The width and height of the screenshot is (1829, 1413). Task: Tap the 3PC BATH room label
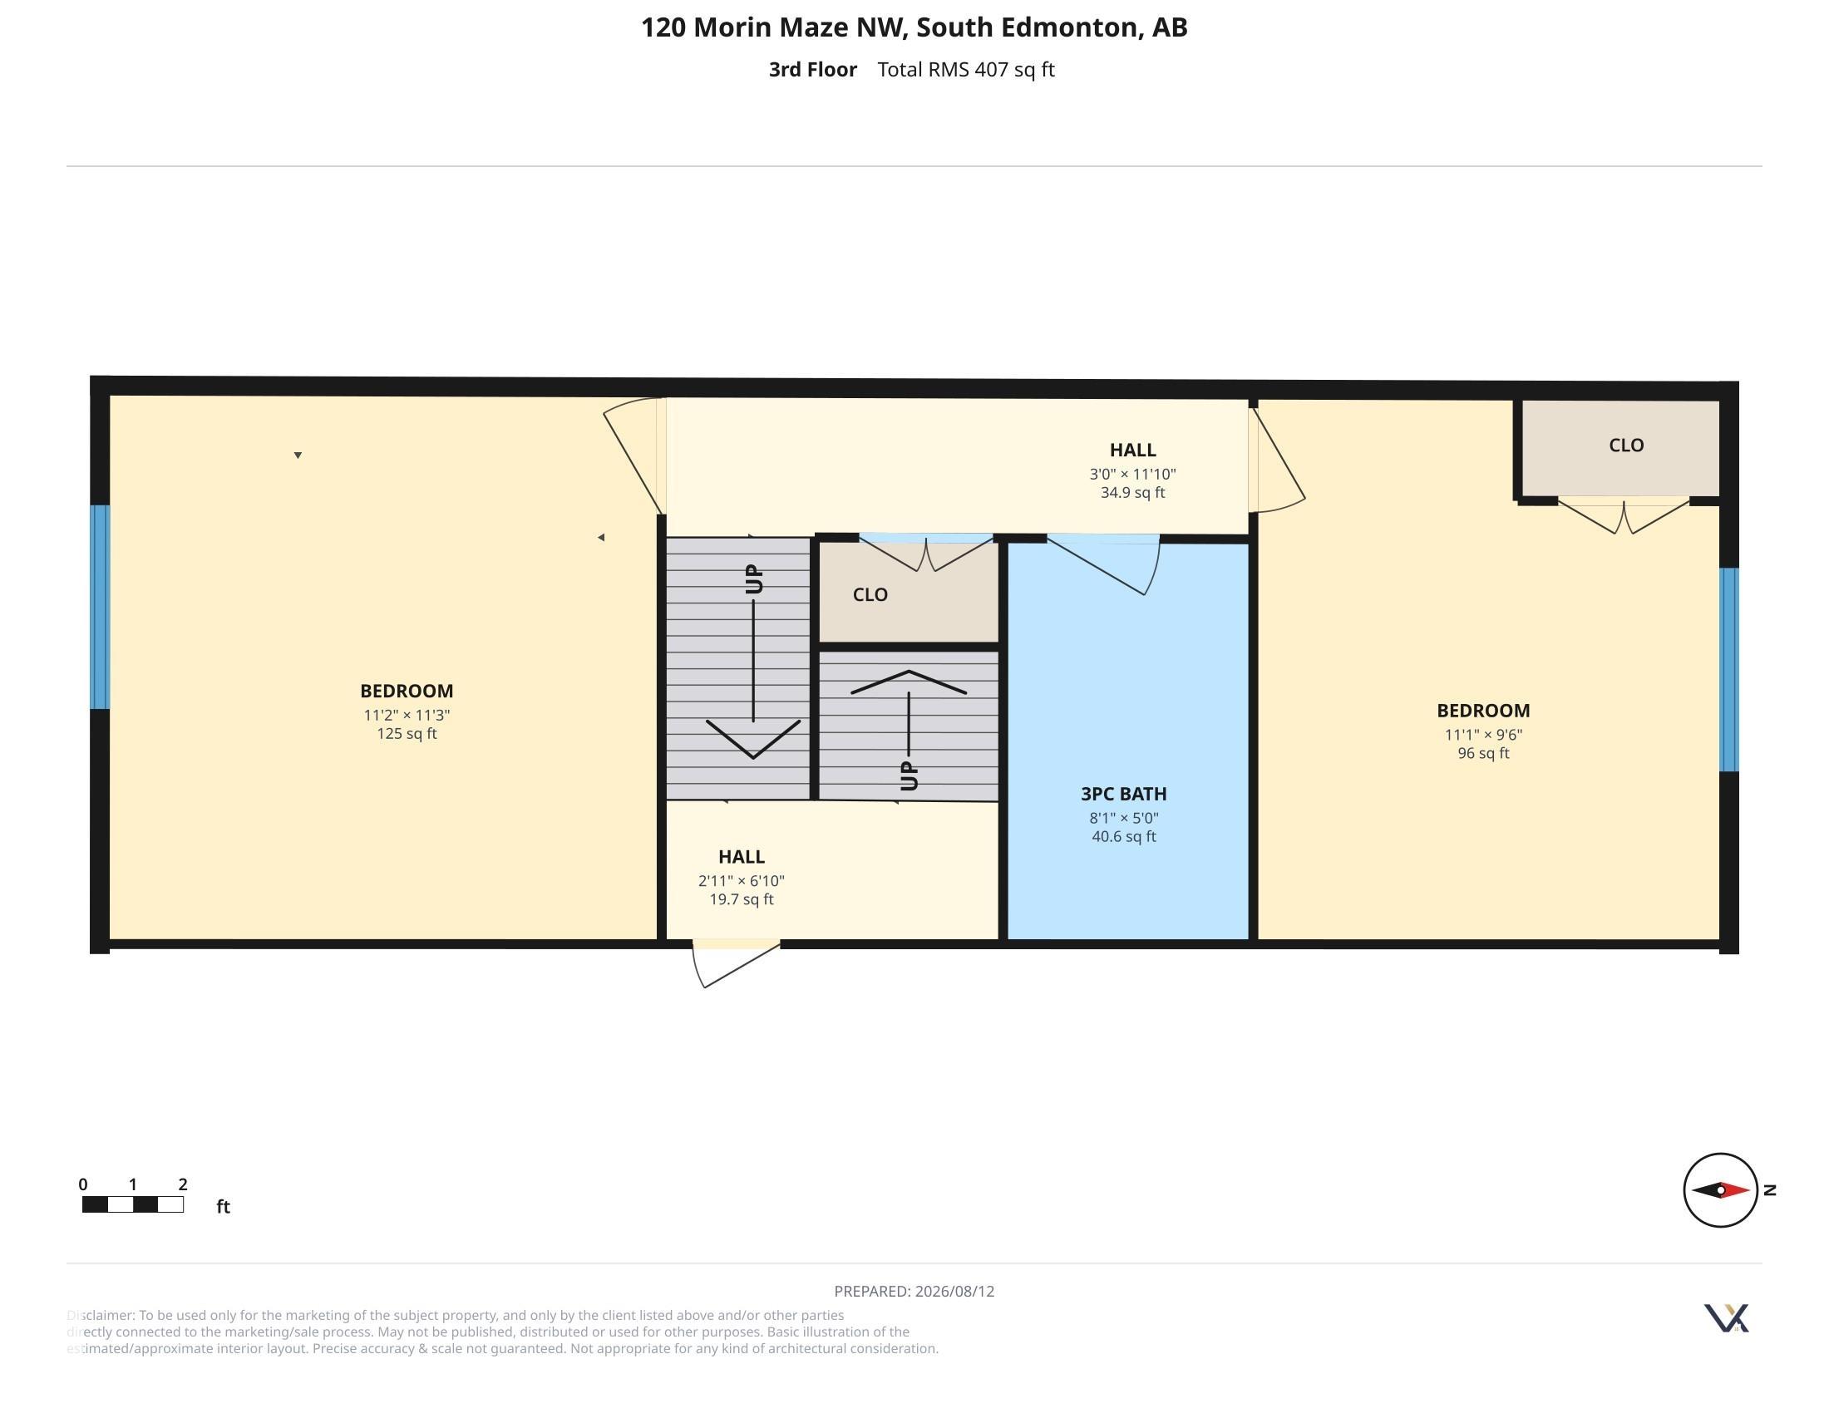pos(1123,794)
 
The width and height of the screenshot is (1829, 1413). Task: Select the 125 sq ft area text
pos(407,733)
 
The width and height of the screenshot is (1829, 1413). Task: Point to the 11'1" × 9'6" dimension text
pos(1483,734)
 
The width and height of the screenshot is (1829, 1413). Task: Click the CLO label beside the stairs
pos(870,594)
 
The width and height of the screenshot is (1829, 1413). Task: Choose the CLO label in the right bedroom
pos(1626,446)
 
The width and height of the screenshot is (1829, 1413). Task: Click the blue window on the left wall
pos(100,607)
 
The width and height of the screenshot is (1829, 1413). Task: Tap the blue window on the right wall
pos(1728,670)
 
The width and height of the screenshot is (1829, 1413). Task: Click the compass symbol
pos(1720,1189)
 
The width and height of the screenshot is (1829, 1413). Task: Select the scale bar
pos(133,1204)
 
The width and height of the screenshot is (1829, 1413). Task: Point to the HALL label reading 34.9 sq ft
pos(1133,450)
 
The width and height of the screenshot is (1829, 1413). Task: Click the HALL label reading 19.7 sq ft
pos(741,857)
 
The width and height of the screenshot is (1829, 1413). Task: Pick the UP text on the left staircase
pos(754,579)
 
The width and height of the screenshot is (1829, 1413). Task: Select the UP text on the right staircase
pos(909,776)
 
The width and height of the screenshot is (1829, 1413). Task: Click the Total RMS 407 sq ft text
pos(965,70)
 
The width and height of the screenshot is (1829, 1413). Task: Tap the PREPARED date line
pos(915,1292)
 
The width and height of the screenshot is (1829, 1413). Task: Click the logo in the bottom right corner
pos(1726,1318)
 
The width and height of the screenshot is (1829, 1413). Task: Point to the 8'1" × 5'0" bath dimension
pos(1123,818)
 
